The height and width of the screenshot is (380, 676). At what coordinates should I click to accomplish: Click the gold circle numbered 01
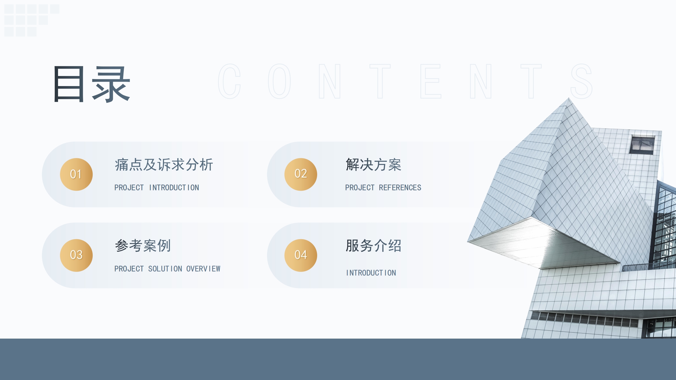pyautogui.click(x=76, y=174)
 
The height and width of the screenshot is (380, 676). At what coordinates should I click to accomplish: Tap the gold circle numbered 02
pyautogui.click(x=301, y=174)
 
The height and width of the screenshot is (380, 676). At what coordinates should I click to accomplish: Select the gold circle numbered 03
pyautogui.click(x=76, y=255)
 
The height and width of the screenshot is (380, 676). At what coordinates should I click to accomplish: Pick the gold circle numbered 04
pyautogui.click(x=301, y=255)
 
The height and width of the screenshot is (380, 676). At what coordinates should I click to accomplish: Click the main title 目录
pyautogui.click(x=92, y=84)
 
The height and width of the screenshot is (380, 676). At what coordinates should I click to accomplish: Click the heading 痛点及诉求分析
pyautogui.click(x=164, y=165)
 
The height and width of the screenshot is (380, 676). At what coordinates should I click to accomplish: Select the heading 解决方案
pyautogui.click(x=374, y=165)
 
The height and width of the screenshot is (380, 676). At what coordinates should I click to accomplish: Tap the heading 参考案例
pyautogui.click(x=143, y=246)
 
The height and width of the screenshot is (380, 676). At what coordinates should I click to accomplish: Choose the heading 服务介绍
pyautogui.click(x=374, y=246)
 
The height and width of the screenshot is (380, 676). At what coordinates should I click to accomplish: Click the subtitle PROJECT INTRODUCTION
pyautogui.click(x=157, y=188)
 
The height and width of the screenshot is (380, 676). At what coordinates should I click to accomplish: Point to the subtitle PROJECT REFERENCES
pyautogui.click(x=383, y=188)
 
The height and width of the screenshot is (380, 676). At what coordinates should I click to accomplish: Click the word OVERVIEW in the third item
pyautogui.click(x=203, y=269)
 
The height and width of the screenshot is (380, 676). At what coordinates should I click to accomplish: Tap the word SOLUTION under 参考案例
pyautogui.click(x=165, y=269)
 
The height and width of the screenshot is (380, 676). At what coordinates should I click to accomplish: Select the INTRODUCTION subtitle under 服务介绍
pyautogui.click(x=371, y=273)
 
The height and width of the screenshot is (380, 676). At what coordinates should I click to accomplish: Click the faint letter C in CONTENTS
pyautogui.click(x=229, y=81)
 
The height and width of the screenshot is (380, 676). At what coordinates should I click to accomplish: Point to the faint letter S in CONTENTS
pyautogui.click(x=581, y=81)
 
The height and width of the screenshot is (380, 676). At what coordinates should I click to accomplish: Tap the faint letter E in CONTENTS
pyautogui.click(x=431, y=81)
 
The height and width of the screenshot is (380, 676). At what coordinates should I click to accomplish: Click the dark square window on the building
pyautogui.click(x=642, y=145)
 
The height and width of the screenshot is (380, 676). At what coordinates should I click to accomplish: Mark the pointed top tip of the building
pyautogui.click(x=569, y=98)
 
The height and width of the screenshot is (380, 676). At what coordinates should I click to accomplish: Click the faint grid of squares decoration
pyautogui.click(x=32, y=20)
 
